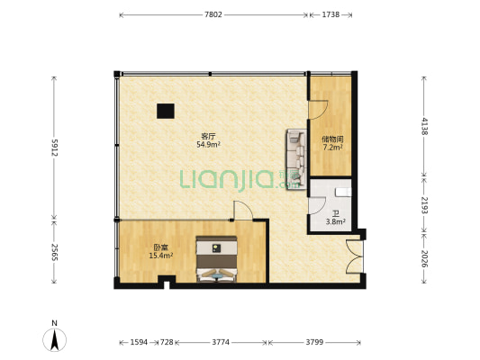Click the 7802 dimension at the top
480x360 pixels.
pyautogui.click(x=213, y=14)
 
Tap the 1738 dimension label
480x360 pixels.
pyautogui.click(x=331, y=14)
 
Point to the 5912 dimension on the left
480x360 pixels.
pyautogui.click(x=55, y=148)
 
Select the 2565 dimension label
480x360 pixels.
pyautogui.click(x=55, y=252)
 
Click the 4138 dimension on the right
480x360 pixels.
pyautogui.click(x=424, y=126)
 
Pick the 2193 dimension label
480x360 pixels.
pyautogui.click(x=424, y=204)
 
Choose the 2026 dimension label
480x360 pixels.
pyautogui.click(x=424, y=258)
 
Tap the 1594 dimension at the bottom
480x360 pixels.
pyautogui.click(x=139, y=342)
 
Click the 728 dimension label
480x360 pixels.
pyautogui.click(x=167, y=342)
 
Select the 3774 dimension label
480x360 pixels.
pyautogui.click(x=221, y=342)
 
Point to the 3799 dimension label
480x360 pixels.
pyautogui.click(x=314, y=342)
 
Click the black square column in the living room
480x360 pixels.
pyautogui.click(x=166, y=111)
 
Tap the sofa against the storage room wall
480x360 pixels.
pyautogui.click(x=296, y=159)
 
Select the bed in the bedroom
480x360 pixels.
pyautogui.click(x=217, y=259)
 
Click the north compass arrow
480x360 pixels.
pyautogui.click(x=55, y=339)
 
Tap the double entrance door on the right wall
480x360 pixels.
pyautogui.click(x=355, y=256)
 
